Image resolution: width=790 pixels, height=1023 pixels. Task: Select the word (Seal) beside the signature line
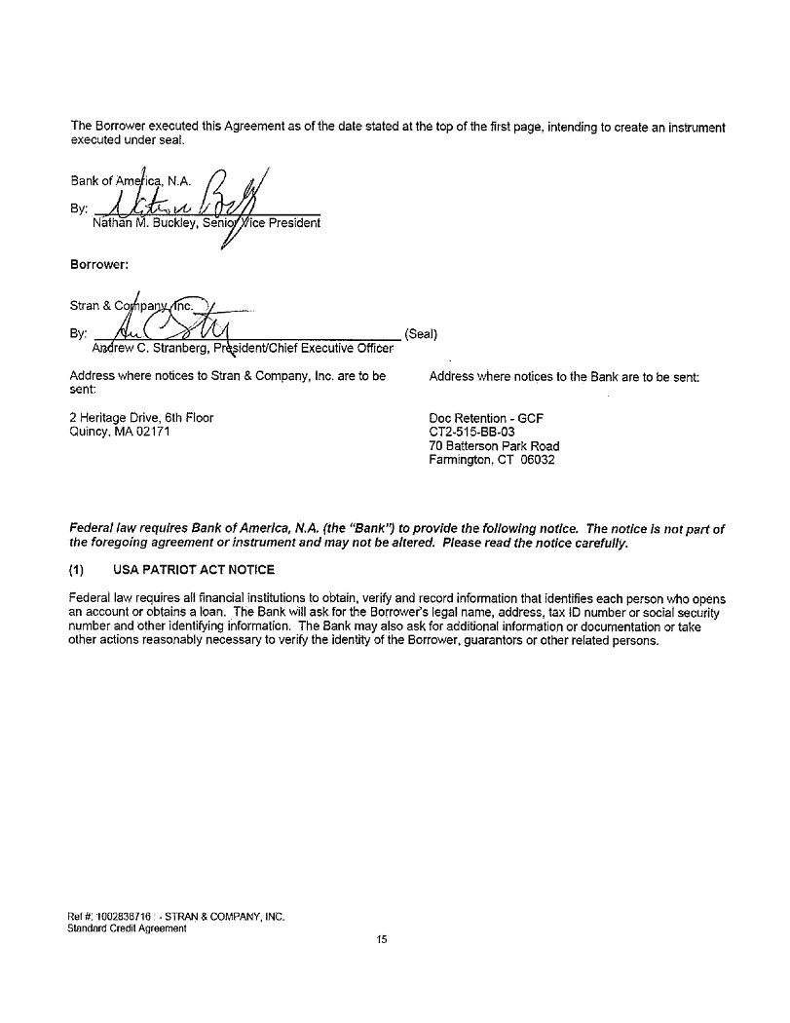click(x=421, y=333)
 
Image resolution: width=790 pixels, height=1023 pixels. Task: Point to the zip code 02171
click(x=153, y=433)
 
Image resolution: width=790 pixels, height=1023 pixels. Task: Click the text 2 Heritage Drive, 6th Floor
click(x=142, y=418)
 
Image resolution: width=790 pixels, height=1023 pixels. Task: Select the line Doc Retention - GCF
click(x=486, y=419)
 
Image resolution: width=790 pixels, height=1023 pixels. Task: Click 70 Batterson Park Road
click(x=494, y=446)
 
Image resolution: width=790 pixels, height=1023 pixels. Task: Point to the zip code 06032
click(x=537, y=460)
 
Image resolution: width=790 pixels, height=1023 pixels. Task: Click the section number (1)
click(x=79, y=570)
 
